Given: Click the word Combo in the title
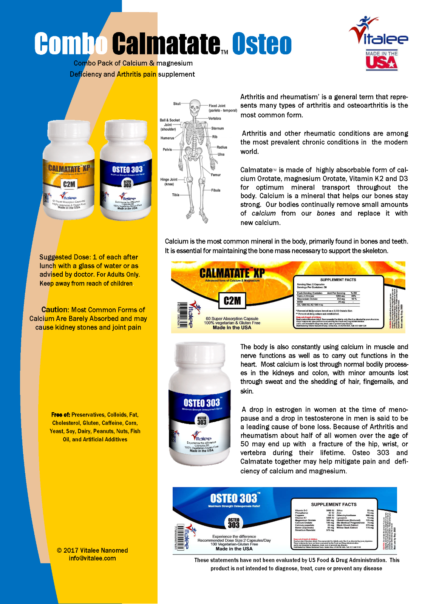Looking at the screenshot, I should point(71,44).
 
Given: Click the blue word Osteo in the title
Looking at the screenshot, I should point(262,44).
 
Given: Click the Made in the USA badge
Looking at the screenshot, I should point(381,60).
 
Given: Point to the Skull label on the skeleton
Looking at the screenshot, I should point(177,103).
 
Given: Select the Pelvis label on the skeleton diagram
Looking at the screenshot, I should point(167,149).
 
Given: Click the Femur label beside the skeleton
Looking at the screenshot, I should point(216,175).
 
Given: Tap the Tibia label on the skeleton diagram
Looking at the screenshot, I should point(176,195).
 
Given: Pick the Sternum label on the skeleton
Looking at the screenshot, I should point(217,128).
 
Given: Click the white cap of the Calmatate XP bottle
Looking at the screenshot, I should point(68,134).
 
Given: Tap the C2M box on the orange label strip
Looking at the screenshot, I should point(232,300).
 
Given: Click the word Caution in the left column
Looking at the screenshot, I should point(55,310).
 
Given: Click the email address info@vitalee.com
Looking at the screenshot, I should point(92,558).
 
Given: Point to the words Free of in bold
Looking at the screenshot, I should point(60,414).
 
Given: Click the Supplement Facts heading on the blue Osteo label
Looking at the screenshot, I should point(334,504).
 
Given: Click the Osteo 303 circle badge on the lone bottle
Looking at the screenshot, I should point(202,420).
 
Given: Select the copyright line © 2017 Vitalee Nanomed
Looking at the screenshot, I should point(92,550).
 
